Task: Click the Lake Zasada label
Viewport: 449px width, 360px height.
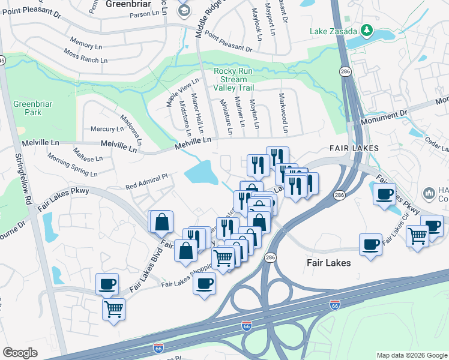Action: (334, 31)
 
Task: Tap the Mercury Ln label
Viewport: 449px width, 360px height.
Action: (103, 129)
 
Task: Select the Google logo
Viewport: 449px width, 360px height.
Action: (20, 352)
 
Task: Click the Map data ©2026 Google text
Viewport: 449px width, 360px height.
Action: (411, 355)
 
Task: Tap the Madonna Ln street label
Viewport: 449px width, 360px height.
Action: (131, 130)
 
